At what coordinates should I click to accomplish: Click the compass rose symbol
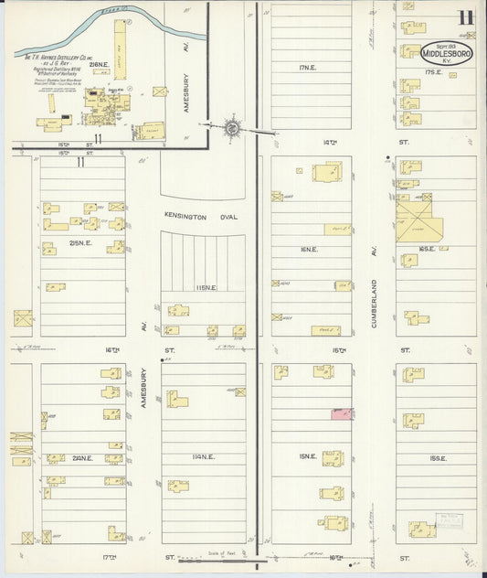click(231, 127)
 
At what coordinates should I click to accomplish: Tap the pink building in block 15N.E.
click(342, 414)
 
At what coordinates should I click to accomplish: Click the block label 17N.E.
click(307, 66)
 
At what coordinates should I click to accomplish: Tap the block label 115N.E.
click(202, 288)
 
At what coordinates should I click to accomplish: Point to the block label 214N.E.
click(82, 458)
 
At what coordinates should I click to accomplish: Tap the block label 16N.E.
click(309, 249)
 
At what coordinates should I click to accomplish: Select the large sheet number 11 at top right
click(466, 18)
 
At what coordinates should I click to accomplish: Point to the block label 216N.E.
click(99, 64)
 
